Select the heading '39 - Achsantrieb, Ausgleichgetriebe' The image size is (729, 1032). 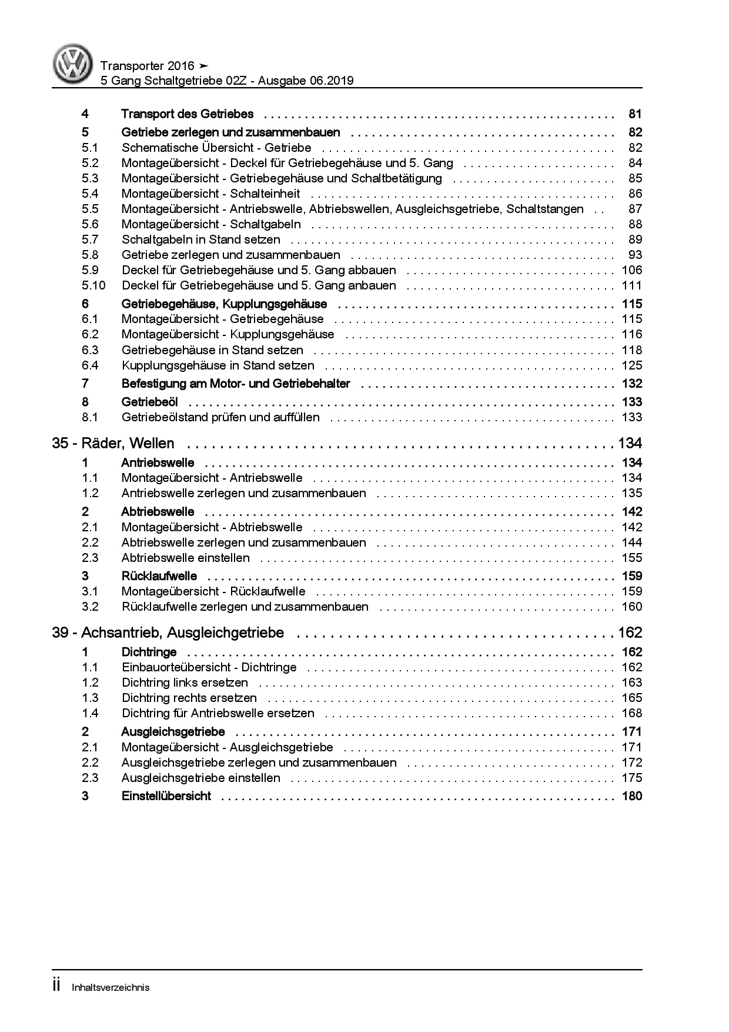point(168,633)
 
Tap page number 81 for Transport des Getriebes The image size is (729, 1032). point(635,114)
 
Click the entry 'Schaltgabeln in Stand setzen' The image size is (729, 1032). point(200,239)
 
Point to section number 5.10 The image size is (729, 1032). point(93,285)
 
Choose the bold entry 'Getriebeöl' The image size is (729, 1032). point(149,402)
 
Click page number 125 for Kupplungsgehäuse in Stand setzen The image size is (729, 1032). point(632,365)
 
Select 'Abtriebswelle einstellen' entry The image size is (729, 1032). point(185,558)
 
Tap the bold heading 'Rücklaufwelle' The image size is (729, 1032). point(159,576)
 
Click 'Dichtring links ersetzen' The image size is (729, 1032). point(185,683)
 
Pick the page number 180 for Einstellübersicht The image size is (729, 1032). point(632,797)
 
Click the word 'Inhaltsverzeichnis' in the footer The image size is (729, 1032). point(111,987)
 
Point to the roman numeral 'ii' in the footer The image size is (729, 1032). point(57,986)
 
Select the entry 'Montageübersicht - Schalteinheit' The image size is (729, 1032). point(210,194)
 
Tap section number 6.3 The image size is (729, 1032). point(90,350)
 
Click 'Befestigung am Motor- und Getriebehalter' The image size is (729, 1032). point(235,384)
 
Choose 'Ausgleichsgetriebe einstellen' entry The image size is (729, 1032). point(200,778)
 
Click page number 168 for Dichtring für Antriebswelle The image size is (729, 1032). point(632,713)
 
